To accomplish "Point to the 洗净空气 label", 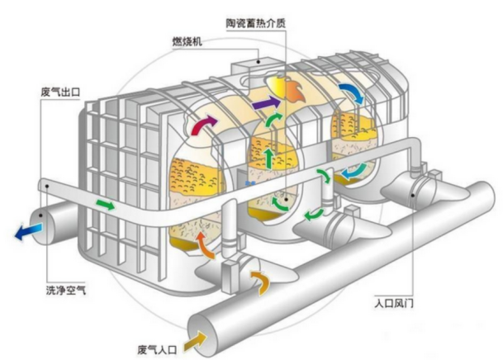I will point(64,291).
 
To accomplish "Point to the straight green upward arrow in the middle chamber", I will point(268,157).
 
